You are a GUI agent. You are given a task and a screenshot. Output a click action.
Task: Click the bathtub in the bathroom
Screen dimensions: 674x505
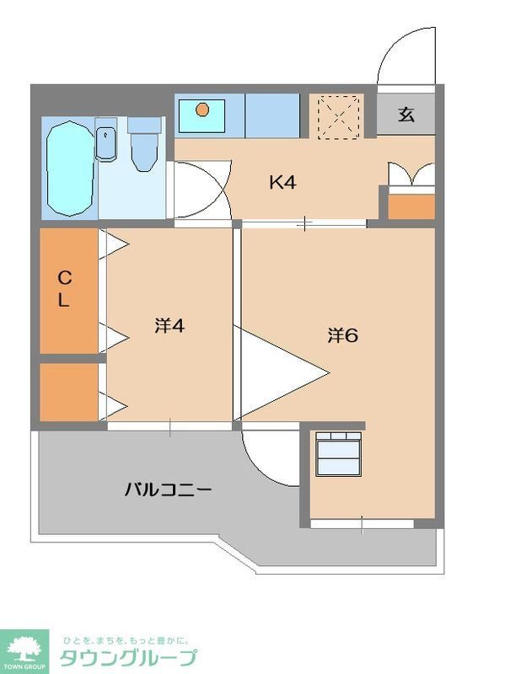(70, 168)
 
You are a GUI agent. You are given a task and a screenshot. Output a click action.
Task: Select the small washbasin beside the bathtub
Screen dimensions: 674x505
(106, 142)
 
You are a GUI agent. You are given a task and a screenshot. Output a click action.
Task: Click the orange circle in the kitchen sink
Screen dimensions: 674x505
(201, 109)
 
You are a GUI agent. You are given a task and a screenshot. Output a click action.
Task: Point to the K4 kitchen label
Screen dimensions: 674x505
(282, 181)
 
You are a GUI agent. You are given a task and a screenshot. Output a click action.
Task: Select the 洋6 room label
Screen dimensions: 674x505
(343, 334)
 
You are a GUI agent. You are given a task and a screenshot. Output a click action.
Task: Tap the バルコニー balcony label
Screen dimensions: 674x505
(169, 489)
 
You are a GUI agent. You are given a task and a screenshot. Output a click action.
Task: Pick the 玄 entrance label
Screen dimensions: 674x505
(406, 115)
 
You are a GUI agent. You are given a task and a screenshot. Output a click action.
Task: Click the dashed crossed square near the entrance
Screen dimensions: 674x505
(339, 115)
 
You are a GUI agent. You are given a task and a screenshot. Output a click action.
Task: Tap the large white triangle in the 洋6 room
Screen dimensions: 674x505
(278, 371)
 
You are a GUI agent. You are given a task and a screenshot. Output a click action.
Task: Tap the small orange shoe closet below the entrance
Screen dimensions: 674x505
(411, 206)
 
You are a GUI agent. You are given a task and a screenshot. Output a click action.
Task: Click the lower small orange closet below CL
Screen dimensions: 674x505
(70, 392)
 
